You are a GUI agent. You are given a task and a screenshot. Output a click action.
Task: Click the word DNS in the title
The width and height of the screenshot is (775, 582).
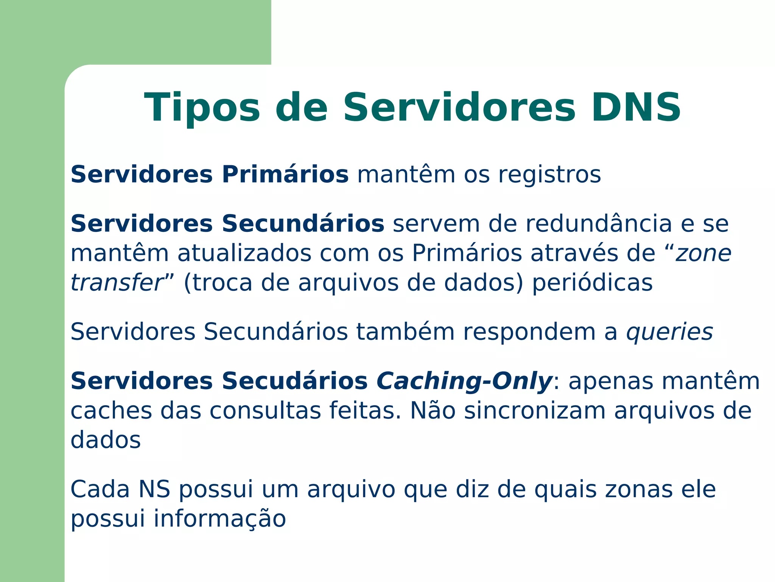(x=636, y=108)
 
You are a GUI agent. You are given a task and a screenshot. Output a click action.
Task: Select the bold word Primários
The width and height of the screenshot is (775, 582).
(x=285, y=175)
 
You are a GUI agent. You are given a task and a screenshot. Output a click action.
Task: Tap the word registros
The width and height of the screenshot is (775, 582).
(x=549, y=175)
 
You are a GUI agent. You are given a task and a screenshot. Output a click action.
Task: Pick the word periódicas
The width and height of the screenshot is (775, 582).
(x=592, y=283)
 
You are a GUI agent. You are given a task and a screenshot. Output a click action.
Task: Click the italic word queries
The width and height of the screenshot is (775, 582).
(x=669, y=332)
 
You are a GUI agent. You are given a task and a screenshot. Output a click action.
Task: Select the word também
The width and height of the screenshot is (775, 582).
(x=405, y=332)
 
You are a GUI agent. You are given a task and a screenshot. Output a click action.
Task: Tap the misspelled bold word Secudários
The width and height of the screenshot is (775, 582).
(x=294, y=381)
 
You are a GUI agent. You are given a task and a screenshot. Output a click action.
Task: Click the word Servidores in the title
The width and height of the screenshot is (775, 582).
(x=459, y=108)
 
